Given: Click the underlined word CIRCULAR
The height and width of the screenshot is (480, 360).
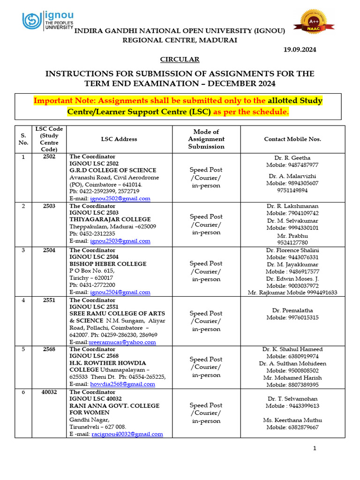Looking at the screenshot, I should [x=180, y=60].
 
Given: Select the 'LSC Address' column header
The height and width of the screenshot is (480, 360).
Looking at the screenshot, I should [x=119, y=139].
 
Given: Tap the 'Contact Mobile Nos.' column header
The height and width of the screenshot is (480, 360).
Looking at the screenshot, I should [x=292, y=139].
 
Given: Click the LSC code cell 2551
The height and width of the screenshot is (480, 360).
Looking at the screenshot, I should [x=49, y=300].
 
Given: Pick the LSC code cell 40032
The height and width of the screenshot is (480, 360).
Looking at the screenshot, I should [x=49, y=392].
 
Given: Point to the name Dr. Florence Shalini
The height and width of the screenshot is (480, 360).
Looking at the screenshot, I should [x=292, y=250].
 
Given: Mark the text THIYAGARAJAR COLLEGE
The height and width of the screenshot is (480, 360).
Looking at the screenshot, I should [x=110, y=219].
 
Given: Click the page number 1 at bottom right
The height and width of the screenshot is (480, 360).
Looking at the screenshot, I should [x=315, y=449].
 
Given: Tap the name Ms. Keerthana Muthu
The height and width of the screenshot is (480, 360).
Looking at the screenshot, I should [x=292, y=420].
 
